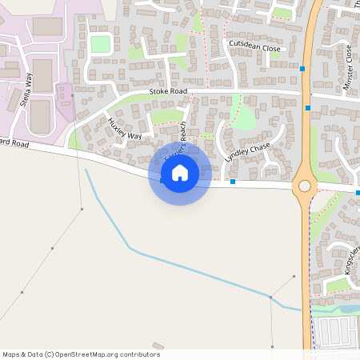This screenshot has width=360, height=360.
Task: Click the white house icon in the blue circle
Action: [180, 172]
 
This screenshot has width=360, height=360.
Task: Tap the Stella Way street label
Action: [26, 90]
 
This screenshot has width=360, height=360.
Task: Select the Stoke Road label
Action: [168, 92]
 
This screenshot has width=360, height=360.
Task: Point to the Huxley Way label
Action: [124, 129]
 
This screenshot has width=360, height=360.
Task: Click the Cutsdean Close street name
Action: [254, 46]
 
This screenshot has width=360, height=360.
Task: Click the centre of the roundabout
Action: [305, 186]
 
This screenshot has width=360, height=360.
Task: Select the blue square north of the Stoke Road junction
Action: [302, 70]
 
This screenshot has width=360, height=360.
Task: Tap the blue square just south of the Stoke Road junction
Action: [308, 107]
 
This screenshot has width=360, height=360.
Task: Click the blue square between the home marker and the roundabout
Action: [233, 182]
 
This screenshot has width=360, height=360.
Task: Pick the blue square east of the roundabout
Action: [358, 192]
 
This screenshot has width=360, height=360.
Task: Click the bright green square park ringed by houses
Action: [100, 44]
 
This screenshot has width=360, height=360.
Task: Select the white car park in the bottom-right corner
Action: [334, 330]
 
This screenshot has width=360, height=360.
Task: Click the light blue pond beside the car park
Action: [336, 309]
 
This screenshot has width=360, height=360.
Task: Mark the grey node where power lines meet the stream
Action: [270, 298]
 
